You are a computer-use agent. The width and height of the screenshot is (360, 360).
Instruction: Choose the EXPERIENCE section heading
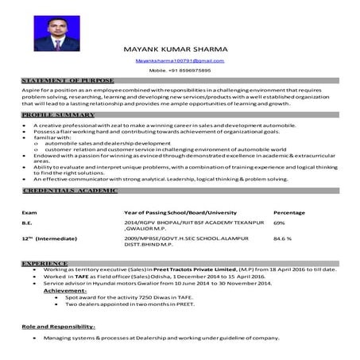tap(45, 262)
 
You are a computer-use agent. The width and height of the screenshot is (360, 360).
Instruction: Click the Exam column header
tap(29, 214)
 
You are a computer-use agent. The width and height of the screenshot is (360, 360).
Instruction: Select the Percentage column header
tap(289, 214)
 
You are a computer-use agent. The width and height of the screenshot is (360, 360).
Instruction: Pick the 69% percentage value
tap(279, 225)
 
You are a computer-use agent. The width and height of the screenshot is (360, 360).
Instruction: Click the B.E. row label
tap(28, 225)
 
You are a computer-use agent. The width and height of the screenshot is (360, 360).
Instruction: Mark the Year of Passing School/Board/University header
tap(180, 214)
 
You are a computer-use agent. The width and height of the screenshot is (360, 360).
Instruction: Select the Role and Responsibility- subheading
tap(58, 326)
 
